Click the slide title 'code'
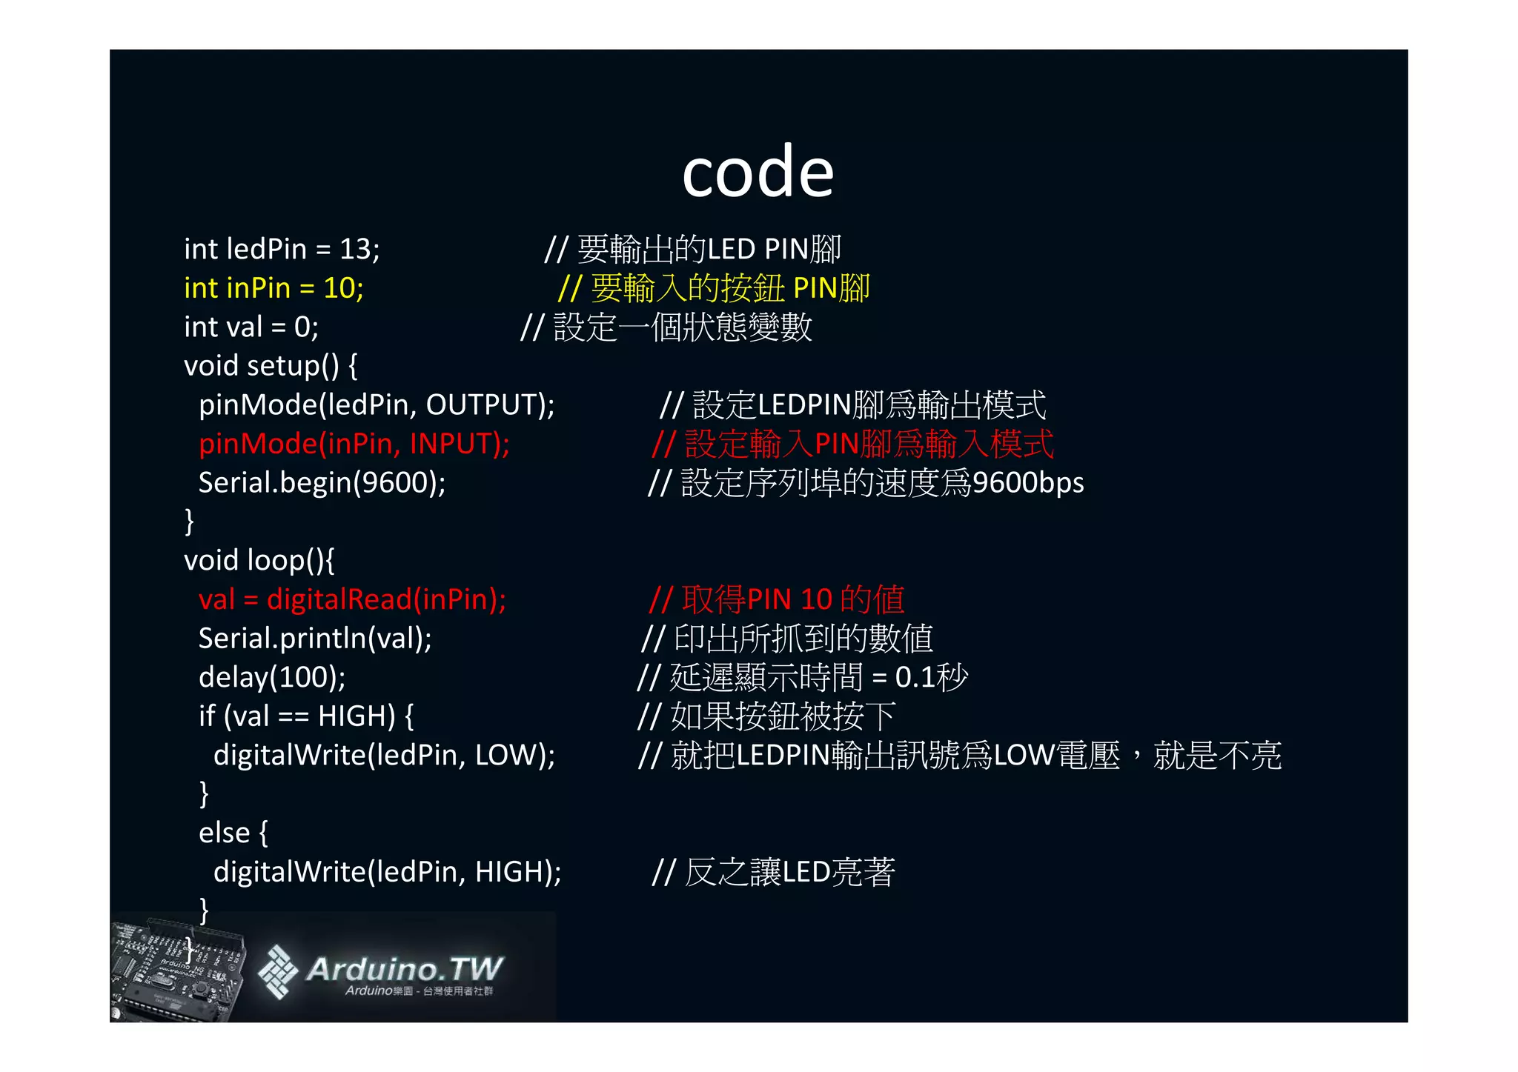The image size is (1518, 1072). click(x=758, y=172)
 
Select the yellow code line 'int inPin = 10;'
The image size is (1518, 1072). click(x=274, y=288)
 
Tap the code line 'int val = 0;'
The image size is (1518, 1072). click(x=251, y=327)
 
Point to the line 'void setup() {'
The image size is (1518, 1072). click(x=271, y=366)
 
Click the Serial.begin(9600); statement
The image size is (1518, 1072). click(x=322, y=483)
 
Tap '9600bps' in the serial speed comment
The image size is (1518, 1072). click(x=1027, y=483)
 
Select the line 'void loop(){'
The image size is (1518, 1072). click(x=259, y=560)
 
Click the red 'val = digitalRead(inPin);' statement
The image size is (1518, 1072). click(x=352, y=599)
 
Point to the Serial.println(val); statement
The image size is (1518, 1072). click(x=315, y=639)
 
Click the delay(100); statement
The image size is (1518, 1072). click(x=272, y=677)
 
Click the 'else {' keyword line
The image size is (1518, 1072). click(x=233, y=833)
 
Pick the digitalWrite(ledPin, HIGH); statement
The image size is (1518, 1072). click(x=387, y=872)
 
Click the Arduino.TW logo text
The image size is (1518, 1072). click(x=405, y=969)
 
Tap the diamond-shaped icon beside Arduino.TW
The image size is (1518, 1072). click(x=277, y=971)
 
